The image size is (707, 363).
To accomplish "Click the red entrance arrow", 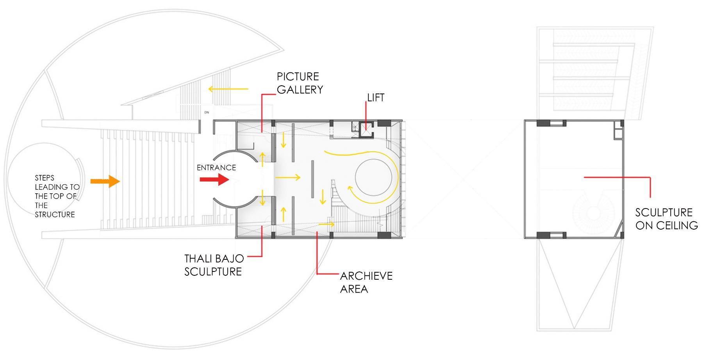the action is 214,180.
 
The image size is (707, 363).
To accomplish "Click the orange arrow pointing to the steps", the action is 105,181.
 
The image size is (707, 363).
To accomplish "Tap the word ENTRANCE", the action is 216,168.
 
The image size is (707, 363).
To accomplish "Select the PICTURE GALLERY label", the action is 300,83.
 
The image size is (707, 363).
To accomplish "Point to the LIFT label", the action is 376,98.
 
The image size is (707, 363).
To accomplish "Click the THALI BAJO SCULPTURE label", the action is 214,265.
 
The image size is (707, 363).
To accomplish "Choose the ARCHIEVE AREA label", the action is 366,282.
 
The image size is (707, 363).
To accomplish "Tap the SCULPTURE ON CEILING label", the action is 666,219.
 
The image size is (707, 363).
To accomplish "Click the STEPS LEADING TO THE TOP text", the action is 57,196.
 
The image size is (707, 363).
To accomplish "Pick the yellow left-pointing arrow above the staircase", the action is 228,89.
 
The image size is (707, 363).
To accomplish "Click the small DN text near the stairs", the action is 207,112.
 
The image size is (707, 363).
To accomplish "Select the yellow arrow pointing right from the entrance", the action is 287,178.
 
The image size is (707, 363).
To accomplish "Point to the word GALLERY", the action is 300,90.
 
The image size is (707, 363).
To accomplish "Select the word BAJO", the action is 229,259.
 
